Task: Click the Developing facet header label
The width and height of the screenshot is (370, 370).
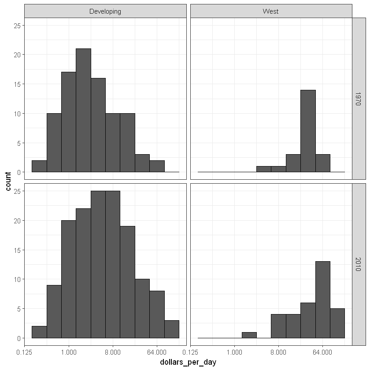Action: coord(105,11)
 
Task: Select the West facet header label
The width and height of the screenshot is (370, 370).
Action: coord(270,11)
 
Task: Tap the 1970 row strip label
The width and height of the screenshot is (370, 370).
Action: coord(359,98)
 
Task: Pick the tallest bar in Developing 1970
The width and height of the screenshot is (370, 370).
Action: coord(83,110)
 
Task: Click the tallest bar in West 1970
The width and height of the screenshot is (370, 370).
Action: coord(308,131)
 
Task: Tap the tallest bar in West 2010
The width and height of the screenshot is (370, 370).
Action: coord(322,300)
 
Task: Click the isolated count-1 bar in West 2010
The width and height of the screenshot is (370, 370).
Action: coord(249,335)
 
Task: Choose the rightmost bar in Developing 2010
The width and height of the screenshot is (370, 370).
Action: coord(172,329)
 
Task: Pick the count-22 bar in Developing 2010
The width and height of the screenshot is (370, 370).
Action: coord(83,273)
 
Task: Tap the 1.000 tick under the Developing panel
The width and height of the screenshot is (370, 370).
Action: coord(69,352)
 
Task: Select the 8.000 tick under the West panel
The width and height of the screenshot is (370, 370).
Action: coord(278,352)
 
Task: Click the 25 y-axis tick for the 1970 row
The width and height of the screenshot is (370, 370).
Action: coord(16,26)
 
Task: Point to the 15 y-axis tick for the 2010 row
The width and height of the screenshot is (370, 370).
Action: coord(16,250)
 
